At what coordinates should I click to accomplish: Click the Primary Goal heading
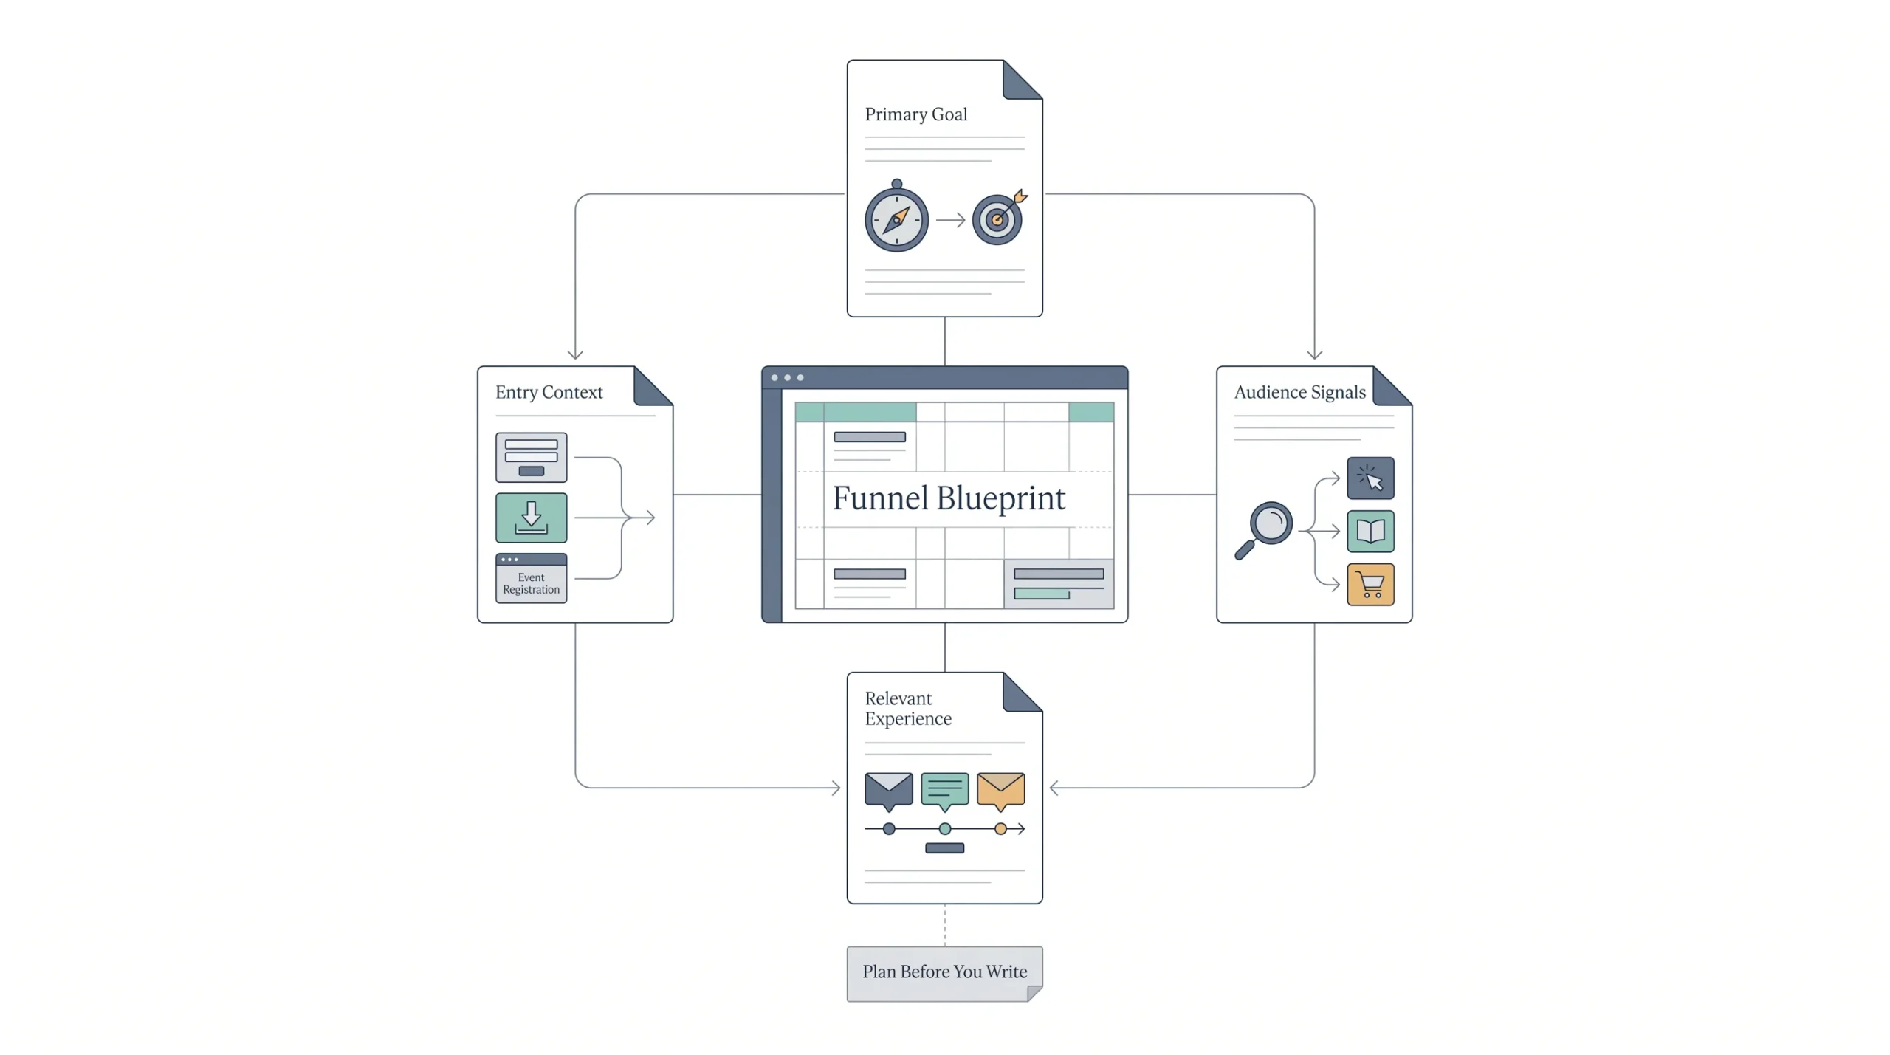tap(915, 114)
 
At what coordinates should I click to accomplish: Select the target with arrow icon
tap(1000, 217)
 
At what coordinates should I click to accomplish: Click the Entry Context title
tap(549, 392)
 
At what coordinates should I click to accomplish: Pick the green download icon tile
tap(531, 518)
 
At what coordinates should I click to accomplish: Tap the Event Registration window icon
tap(531, 578)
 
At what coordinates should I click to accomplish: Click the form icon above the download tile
tap(531, 457)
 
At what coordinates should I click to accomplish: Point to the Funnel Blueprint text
tap(949, 498)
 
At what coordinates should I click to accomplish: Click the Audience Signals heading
tap(1299, 392)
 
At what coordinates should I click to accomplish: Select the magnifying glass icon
tap(1264, 530)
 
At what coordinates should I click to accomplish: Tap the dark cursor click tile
tap(1370, 478)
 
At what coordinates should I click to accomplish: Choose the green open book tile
tap(1370, 531)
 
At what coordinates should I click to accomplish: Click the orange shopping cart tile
tap(1370, 584)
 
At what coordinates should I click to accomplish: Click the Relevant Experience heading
tap(908, 709)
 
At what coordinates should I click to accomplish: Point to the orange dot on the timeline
tap(1000, 829)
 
